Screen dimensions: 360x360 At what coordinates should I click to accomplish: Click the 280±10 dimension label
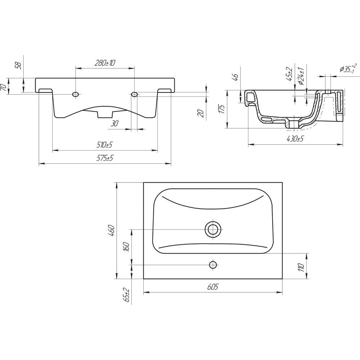pyautogui.click(x=105, y=63)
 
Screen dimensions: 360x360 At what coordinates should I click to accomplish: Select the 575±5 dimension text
pyautogui.click(x=105, y=158)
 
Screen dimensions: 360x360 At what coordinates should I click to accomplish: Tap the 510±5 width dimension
pyautogui.click(x=105, y=145)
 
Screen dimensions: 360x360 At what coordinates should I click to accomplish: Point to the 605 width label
pyautogui.click(x=213, y=287)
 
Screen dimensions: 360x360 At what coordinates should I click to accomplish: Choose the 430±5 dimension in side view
pyautogui.click(x=296, y=139)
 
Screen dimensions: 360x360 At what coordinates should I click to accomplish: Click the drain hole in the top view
pyautogui.click(x=213, y=229)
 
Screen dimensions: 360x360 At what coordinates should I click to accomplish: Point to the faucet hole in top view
pyautogui.click(x=213, y=265)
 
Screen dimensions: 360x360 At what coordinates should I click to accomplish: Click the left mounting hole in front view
pyautogui.click(x=76, y=94)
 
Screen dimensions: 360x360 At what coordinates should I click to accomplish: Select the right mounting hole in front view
pyautogui.click(x=135, y=94)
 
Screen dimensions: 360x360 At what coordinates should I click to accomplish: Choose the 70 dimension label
pyautogui.click(x=4, y=87)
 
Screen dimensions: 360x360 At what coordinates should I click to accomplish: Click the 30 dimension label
pyautogui.click(x=114, y=123)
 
